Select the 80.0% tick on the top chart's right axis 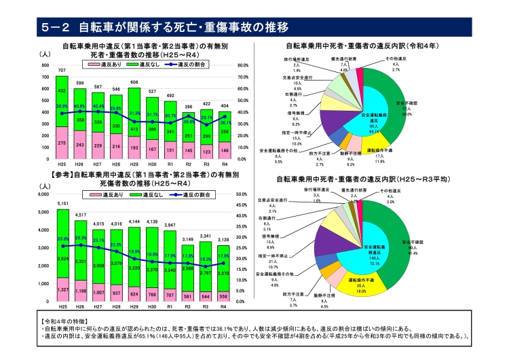point(244,65)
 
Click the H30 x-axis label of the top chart point(153,164)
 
